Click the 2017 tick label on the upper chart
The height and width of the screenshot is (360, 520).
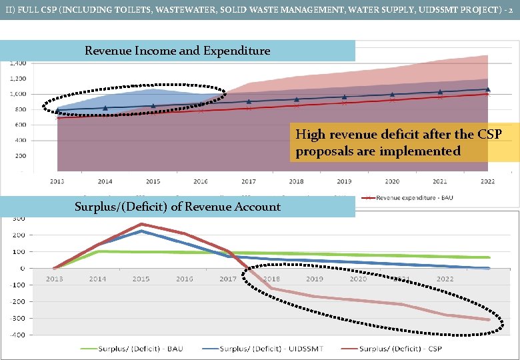pyautogui.click(x=248, y=181)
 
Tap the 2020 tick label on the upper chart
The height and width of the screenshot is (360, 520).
pyautogui.click(x=392, y=181)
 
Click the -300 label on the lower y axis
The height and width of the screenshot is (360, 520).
pyautogui.click(x=17, y=318)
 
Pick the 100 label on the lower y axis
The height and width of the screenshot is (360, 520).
pyautogui.click(x=19, y=252)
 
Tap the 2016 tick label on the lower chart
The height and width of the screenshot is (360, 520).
pyautogui.click(x=184, y=279)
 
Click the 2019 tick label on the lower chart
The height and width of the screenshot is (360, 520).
pyautogui.click(x=315, y=279)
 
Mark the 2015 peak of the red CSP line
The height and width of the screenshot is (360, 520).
pyautogui.click(x=141, y=224)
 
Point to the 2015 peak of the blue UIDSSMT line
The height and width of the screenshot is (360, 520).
pyautogui.click(x=141, y=231)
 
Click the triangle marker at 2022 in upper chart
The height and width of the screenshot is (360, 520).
pyautogui.click(x=488, y=89)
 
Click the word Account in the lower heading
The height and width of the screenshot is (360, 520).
pyautogui.click(x=259, y=207)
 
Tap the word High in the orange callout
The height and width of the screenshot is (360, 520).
pyautogui.click(x=310, y=135)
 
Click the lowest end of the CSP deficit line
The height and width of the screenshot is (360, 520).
pyautogui.click(x=489, y=320)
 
